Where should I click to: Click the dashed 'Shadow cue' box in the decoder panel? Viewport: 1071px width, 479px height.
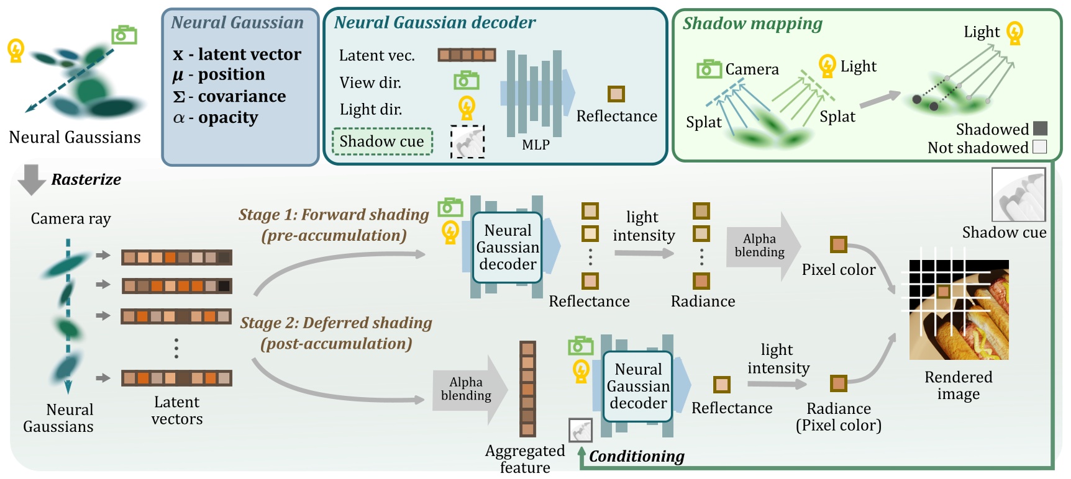(382, 141)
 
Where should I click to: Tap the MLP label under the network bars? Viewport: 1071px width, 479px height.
(535, 145)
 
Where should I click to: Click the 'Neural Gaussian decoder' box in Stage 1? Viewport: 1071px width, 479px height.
(507, 248)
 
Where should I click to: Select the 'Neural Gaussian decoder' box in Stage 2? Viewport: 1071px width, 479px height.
(637, 386)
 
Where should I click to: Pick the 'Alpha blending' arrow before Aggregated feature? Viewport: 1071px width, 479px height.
(468, 389)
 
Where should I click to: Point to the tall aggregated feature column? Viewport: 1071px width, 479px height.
(527, 388)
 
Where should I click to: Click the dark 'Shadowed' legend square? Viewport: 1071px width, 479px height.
(1040, 128)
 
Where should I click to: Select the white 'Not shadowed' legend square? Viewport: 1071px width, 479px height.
(1040, 147)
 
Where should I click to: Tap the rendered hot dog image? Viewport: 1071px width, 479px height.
(959, 310)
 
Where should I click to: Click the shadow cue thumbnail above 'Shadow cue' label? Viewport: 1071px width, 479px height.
(1019, 195)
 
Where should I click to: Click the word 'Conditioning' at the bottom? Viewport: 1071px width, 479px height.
(637, 457)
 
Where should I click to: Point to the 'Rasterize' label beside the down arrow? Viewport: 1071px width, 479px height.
(86, 180)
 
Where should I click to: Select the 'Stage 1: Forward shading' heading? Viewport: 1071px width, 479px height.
(334, 215)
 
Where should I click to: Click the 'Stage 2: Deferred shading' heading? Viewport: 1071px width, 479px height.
(336, 323)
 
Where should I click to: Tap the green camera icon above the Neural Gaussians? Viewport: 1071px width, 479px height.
(124, 35)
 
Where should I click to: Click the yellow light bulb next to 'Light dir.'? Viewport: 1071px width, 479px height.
(467, 108)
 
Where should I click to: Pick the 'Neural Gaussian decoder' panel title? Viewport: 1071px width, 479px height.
(435, 23)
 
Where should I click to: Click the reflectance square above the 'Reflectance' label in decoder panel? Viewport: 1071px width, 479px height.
(616, 94)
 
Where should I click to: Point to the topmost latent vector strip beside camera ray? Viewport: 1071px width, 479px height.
(176, 257)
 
